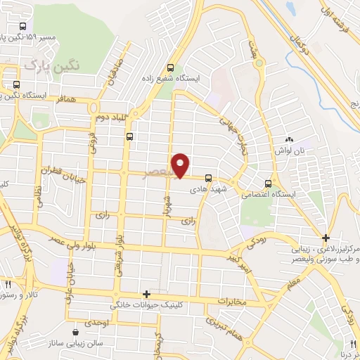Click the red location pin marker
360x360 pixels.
point(181,165)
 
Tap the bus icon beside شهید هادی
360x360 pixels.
point(208,179)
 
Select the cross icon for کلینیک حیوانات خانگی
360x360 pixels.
point(146,295)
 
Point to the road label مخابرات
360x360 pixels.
point(233,302)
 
